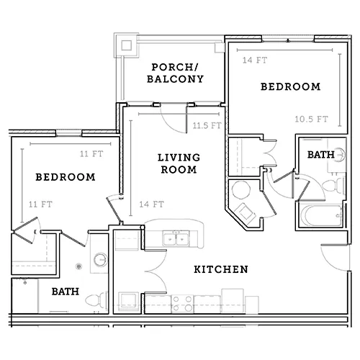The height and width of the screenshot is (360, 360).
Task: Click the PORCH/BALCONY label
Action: click(x=175, y=73)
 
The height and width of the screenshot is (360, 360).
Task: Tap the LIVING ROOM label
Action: click(x=179, y=163)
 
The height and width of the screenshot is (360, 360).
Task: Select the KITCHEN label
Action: click(x=221, y=269)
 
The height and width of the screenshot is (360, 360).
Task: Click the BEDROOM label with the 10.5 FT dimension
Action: click(x=290, y=86)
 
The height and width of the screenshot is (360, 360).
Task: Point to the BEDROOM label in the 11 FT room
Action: click(x=66, y=177)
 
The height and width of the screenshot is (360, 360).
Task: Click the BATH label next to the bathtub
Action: click(x=321, y=155)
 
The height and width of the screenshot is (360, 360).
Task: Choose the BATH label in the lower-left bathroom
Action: click(x=66, y=292)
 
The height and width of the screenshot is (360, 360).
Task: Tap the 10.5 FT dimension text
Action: click(x=311, y=120)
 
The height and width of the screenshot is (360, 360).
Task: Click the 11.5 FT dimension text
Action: click(x=207, y=125)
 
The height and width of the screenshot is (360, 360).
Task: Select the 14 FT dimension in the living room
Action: click(x=152, y=204)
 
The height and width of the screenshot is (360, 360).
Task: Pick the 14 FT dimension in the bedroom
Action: click(x=255, y=60)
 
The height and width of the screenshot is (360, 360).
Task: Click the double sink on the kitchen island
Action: click(x=176, y=238)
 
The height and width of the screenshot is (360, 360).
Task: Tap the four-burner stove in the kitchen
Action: click(x=183, y=304)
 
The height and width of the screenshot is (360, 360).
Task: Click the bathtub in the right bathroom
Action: click(x=320, y=215)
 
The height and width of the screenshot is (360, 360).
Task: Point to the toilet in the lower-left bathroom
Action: click(x=96, y=300)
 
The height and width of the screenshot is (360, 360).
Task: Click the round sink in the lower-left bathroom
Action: click(x=100, y=259)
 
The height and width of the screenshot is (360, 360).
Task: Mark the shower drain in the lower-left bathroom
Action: click(x=78, y=266)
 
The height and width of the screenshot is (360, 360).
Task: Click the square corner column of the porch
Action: click(x=126, y=45)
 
